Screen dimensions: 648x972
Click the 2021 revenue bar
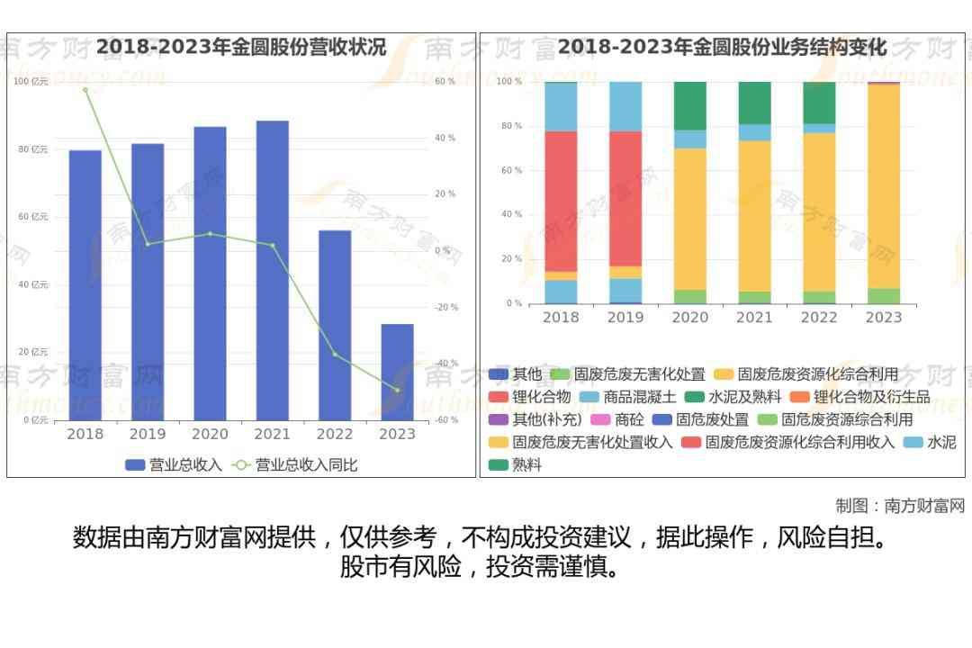coord(272,270)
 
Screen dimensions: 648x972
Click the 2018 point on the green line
coord(85,90)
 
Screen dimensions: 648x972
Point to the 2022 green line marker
coord(335,355)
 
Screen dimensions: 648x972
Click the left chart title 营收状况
coord(241,47)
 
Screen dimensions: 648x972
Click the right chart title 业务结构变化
coord(722,47)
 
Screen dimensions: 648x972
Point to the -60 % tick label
coord(446,420)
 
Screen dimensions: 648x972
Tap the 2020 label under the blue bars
coord(210,434)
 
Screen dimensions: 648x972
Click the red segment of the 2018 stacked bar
coord(561,202)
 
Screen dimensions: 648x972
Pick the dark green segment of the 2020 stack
coord(690,105)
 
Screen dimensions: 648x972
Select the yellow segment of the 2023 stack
coord(884,185)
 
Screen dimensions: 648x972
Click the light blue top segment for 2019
coord(625,106)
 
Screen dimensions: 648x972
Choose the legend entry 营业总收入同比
coord(295,465)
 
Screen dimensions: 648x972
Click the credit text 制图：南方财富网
coord(899,506)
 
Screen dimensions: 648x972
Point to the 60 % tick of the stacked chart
coord(512,170)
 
